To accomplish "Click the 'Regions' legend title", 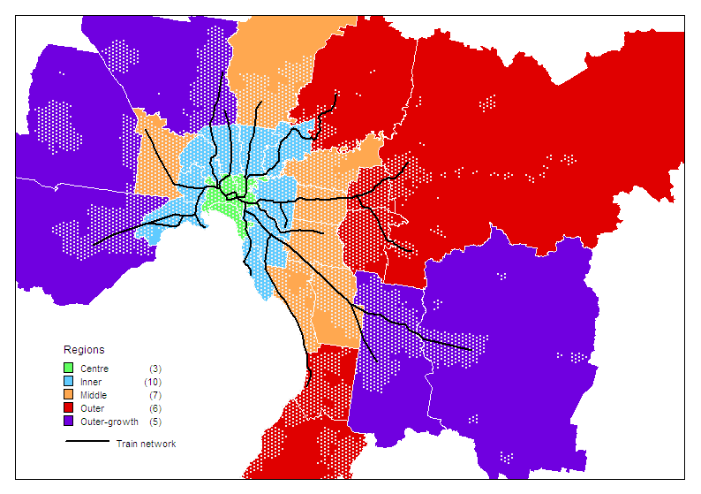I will click(x=84, y=350).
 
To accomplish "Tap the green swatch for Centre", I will click(x=69, y=369).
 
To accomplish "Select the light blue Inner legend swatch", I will click(x=69, y=382).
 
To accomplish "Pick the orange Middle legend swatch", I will click(x=69, y=395).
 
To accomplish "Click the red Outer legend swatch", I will click(x=69, y=408).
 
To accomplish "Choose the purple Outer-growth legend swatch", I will click(x=69, y=422).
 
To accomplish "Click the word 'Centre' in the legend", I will click(x=94, y=369).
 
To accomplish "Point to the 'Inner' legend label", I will click(x=91, y=382).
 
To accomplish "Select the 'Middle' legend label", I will click(x=93, y=395).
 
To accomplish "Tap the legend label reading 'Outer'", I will click(x=92, y=408).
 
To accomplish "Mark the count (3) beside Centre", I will click(x=155, y=369).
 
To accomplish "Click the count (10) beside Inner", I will click(x=153, y=382).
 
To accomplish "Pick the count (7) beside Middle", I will click(x=155, y=395).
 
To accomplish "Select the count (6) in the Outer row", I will click(x=155, y=408).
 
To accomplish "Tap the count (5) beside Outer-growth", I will click(x=155, y=422).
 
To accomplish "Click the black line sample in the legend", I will click(x=87, y=441).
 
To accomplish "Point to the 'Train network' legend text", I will click(x=146, y=444).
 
